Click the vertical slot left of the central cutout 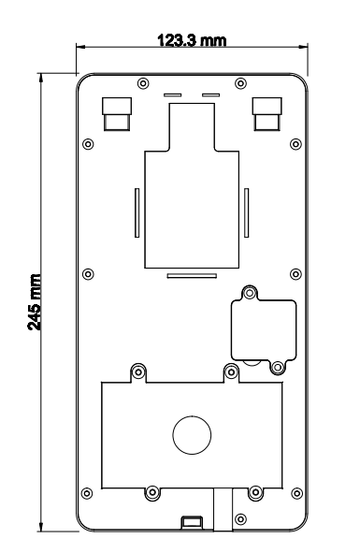click(137, 214)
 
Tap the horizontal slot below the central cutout click(191, 275)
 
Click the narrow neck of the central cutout click(192, 125)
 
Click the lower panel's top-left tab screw click(139, 371)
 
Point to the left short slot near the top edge click(173, 95)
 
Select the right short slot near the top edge click(210, 95)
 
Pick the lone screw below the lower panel click(241, 518)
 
